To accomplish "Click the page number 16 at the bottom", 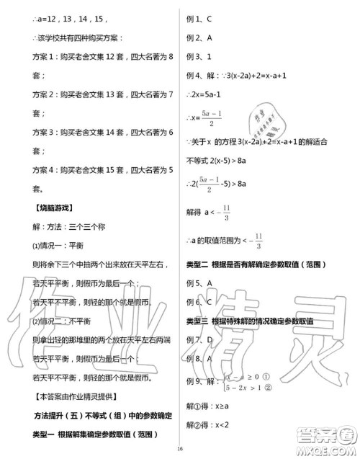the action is click(180, 450).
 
